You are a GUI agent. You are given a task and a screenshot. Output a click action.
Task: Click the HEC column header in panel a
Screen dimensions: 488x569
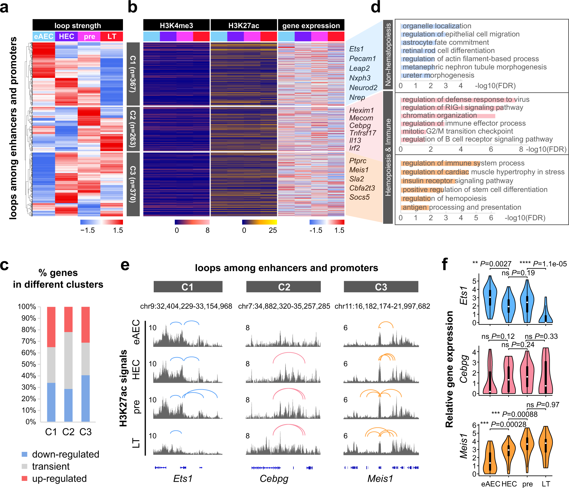coord(66,36)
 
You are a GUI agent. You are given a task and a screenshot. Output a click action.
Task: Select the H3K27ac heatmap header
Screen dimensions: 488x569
coord(244,25)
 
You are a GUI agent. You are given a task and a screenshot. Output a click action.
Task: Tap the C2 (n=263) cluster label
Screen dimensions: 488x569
coord(133,129)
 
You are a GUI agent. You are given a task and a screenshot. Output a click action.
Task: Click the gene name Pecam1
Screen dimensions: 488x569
coord(363,59)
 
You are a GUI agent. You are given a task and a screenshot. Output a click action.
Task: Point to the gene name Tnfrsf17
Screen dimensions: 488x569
coord(363,133)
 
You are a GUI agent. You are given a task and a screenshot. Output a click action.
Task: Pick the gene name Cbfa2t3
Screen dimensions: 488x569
coord(362,188)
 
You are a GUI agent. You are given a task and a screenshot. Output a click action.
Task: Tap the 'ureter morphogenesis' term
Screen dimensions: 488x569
coord(438,75)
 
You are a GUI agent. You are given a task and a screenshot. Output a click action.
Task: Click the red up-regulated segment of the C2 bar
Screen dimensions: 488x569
coord(68,319)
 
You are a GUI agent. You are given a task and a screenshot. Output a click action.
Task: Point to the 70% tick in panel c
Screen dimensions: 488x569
coord(29,341)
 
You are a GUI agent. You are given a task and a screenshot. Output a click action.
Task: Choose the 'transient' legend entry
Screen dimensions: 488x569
coord(50,467)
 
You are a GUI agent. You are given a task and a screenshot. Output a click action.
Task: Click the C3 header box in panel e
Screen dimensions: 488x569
coord(381,287)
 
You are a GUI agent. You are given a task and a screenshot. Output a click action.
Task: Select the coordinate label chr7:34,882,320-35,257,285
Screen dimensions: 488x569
coord(284,306)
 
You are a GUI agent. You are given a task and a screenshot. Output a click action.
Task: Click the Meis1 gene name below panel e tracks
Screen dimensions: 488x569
coord(380,479)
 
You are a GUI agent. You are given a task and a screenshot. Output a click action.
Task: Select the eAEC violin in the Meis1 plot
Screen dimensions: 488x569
coord(490,458)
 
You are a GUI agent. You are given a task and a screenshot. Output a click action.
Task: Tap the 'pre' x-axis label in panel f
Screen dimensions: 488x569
coord(527,484)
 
